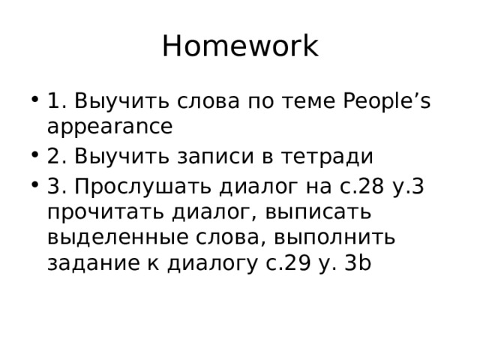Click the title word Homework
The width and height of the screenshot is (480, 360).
[240, 46]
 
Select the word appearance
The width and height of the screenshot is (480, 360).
[110, 127]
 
